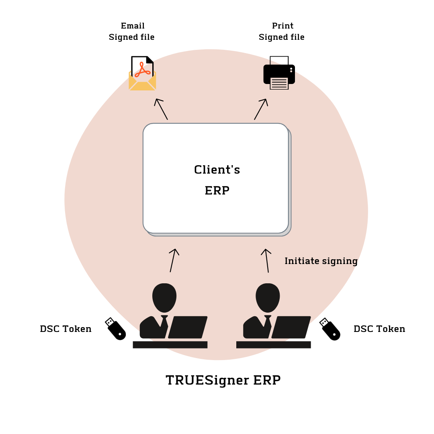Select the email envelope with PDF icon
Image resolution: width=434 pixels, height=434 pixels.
click(x=142, y=74)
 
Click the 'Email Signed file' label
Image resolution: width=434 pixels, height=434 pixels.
click(x=132, y=31)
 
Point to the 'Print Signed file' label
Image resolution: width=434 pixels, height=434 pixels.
click(x=282, y=31)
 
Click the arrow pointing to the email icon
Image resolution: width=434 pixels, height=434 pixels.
click(x=161, y=109)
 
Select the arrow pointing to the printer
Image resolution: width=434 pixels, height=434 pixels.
click(x=261, y=109)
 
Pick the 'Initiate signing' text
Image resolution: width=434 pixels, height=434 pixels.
click(x=321, y=261)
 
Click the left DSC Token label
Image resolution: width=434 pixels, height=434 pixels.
click(x=66, y=329)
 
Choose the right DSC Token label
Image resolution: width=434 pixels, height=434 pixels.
click(x=379, y=329)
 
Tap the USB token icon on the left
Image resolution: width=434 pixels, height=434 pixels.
click(x=115, y=329)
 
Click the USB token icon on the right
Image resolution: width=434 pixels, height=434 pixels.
click(x=330, y=329)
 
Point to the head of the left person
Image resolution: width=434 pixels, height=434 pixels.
click(x=164, y=297)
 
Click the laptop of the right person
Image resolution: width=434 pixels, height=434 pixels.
click(x=291, y=327)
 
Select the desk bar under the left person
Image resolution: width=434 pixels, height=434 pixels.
click(x=170, y=344)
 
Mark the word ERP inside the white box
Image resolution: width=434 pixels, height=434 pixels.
click(x=217, y=190)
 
